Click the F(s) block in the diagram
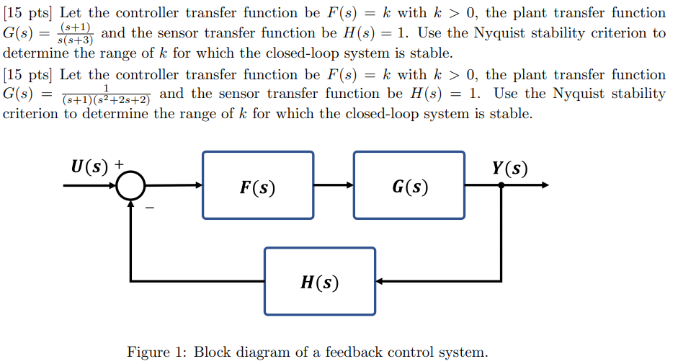point(258,185)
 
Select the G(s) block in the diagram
point(409,185)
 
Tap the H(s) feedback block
point(319,281)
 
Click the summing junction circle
point(130,186)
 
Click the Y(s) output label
point(509,168)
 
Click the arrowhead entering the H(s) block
point(380,280)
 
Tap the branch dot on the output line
point(501,185)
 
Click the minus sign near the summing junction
point(151,208)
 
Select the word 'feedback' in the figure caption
point(354,352)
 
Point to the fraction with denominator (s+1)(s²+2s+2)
point(106,94)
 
